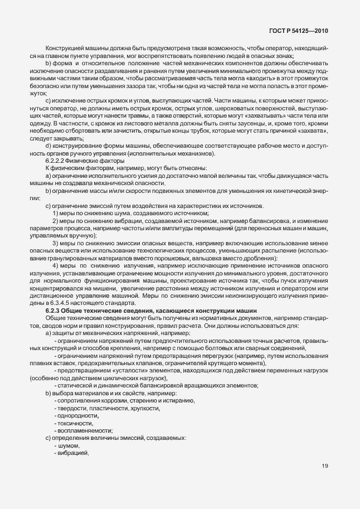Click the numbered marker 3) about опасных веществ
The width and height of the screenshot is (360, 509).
pos(56,244)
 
